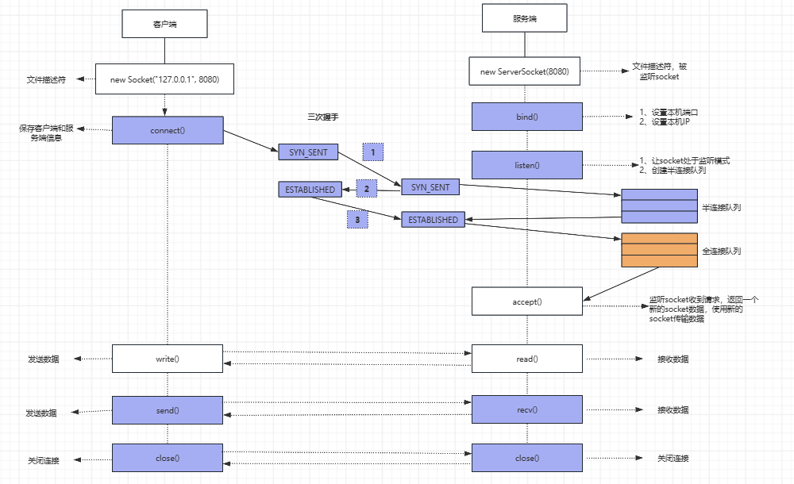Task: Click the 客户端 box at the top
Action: click(164, 24)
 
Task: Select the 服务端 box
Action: click(522, 18)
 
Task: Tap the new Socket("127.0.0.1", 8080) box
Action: click(164, 79)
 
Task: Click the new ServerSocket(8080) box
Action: click(525, 71)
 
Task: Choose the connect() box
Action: click(167, 130)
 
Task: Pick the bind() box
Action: click(526, 117)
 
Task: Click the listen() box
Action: click(526, 165)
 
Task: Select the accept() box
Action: click(526, 302)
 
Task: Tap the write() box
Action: click(167, 359)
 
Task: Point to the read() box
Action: click(526, 359)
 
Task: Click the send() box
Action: click(167, 410)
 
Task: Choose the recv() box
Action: click(526, 410)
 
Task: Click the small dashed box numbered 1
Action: click(373, 151)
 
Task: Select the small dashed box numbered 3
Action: click(357, 219)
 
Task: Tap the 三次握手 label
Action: click(323, 117)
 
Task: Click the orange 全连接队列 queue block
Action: click(659, 250)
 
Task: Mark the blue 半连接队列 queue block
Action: click(659, 206)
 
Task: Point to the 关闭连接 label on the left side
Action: click(43, 459)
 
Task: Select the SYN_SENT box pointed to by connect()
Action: click(308, 152)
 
